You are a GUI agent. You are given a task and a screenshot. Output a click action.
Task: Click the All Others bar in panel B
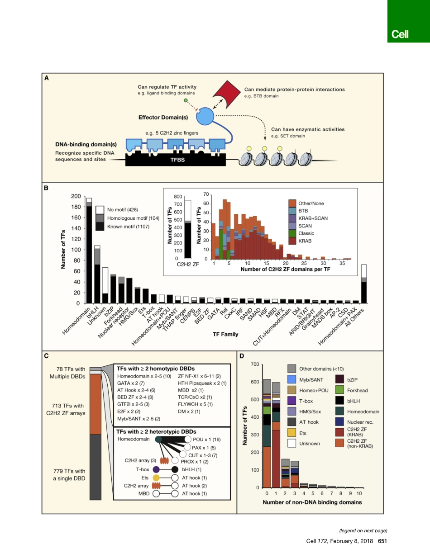[x=363, y=284]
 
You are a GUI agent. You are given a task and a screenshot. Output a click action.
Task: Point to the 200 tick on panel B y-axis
[x=76, y=196]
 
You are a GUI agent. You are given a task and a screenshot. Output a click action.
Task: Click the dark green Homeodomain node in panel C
[x=158, y=440]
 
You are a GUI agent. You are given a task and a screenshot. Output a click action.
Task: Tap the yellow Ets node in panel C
[x=156, y=478]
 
